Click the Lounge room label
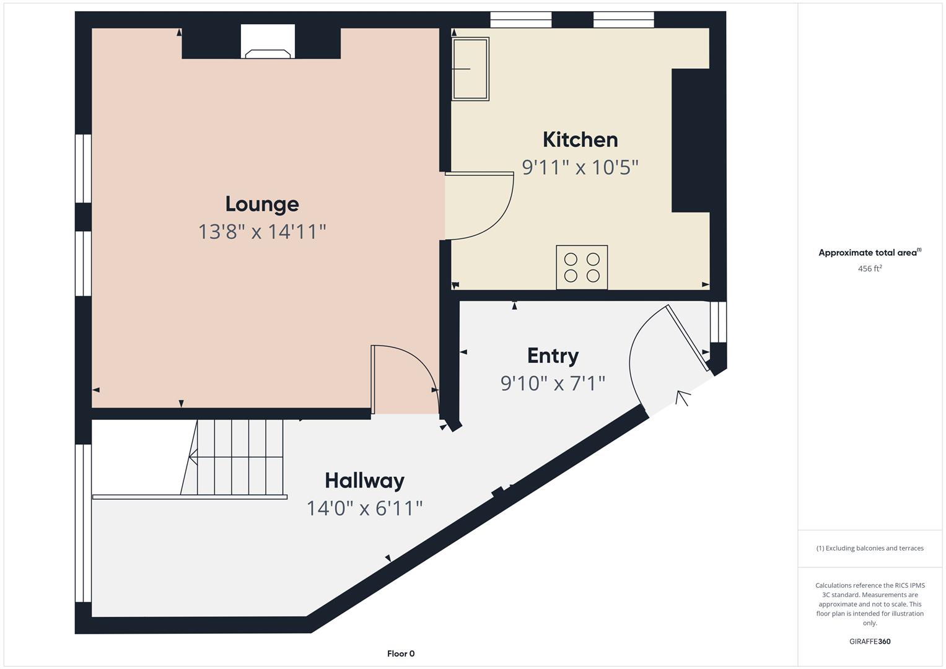tap(262, 204)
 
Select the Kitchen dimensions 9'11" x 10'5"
tap(580, 167)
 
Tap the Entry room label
tap(553, 356)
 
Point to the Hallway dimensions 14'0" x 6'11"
tap(364, 508)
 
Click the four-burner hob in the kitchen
tap(582, 268)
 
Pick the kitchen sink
tap(470, 69)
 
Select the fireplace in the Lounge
tap(268, 42)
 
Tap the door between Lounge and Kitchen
tap(480, 206)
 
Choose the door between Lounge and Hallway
tap(405, 379)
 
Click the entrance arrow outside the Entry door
tap(683, 398)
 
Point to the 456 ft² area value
tap(870, 268)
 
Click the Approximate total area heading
tap(870, 252)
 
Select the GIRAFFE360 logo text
tap(870, 641)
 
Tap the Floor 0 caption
tap(401, 654)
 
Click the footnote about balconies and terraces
tap(870, 548)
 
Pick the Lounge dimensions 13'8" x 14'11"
tap(262, 232)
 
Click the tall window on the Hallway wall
tap(83, 523)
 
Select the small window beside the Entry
tap(718, 321)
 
